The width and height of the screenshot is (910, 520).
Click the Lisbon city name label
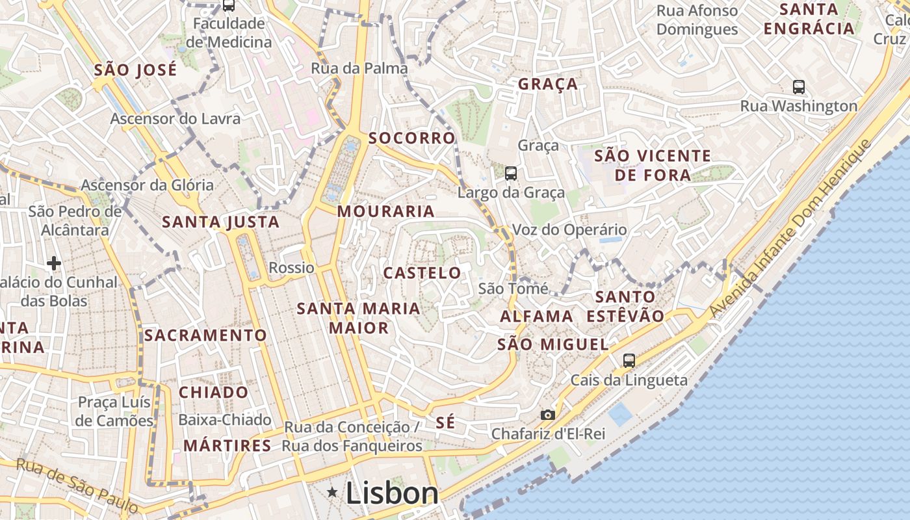(x=392, y=493)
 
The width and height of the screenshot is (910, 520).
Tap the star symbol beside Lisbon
(x=333, y=493)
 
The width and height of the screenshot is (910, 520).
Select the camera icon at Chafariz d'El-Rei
(x=548, y=415)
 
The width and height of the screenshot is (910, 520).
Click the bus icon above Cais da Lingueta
(x=629, y=361)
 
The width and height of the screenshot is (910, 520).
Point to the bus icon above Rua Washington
(x=799, y=86)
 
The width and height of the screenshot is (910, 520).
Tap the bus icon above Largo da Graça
(x=511, y=173)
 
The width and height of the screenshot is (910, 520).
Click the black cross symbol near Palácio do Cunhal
(x=54, y=263)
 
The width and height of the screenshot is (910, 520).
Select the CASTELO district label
(x=422, y=273)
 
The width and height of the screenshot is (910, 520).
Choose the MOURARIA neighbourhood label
(x=385, y=211)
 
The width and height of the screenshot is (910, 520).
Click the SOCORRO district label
(x=411, y=138)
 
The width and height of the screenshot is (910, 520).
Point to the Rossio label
(x=291, y=268)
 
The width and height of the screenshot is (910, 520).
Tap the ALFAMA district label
(x=536, y=317)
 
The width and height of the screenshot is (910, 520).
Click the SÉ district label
(x=445, y=422)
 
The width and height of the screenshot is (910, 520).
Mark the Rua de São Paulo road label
(x=77, y=485)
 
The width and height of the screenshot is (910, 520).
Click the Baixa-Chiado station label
(x=224, y=420)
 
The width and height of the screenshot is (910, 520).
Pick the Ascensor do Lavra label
(x=175, y=119)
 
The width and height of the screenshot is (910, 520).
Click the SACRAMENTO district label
(x=205, y=335)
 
